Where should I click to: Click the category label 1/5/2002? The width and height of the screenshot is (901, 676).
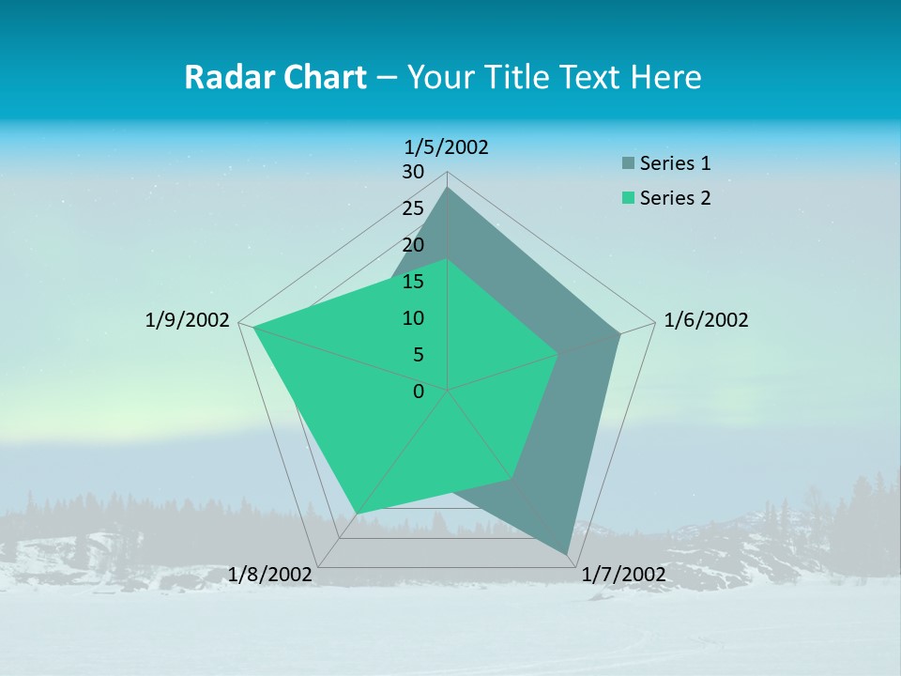(x=447, y=147)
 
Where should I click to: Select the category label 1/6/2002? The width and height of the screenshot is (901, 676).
(x=706, y=320)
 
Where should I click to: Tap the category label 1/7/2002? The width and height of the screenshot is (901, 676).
(x=623, y=575)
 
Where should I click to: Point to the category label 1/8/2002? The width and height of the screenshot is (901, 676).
(x=269, y=575)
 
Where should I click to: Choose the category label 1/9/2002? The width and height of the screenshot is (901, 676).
(x=187, y=320)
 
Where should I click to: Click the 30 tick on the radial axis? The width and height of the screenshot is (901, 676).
(x=413, y=172)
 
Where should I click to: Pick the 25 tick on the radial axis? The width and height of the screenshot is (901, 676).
(x=413, y=208)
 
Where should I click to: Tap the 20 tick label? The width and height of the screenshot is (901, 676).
(x=413, y=245)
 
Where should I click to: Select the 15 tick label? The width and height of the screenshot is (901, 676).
(x=413, y=282)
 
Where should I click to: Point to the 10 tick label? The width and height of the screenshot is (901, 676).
(x=413, y=318)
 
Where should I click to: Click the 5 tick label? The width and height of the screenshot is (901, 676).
(x=418, y=355)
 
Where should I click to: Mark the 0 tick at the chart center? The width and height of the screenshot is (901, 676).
(x=419, y=392)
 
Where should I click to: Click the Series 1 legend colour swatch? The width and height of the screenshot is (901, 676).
(x=628, y=163)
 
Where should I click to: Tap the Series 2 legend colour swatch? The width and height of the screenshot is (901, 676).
(x=628, y=198)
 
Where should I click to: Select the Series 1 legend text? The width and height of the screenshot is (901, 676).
(x=675, y=163)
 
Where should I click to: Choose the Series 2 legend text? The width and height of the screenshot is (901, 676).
(x=675, y=198)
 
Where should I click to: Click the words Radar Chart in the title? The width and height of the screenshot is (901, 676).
(x=275, y=77)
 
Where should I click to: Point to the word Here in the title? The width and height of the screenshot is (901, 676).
(x=665, y=77)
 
